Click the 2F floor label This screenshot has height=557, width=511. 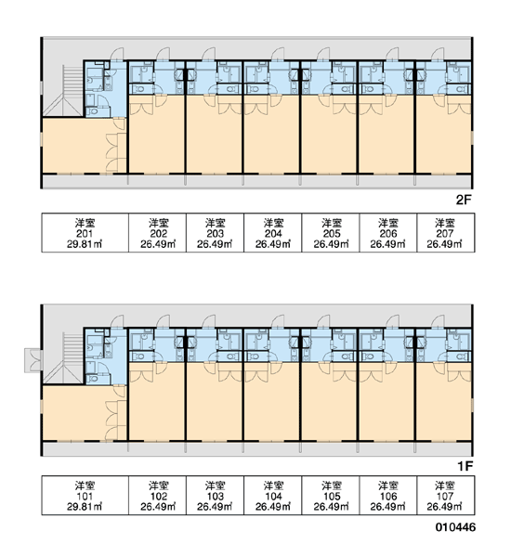(464, 200)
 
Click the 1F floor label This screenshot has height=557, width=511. (465, 466)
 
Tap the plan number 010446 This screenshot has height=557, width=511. (455, 527)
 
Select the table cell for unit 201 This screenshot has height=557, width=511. (85, 233)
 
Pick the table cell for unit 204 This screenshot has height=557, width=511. (273, 233)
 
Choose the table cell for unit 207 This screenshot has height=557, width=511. (446, 233)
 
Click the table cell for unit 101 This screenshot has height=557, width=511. (85, 496)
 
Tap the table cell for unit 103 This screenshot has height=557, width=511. (215, 496)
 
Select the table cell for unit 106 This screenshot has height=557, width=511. (388, 496)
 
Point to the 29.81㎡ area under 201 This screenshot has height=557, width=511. (85, 244)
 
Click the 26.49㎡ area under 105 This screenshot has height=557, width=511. (331, 507)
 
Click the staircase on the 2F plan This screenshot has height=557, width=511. (63, 91)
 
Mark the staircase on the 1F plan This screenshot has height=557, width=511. (63, 358)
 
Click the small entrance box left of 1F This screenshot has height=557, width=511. (33, 360)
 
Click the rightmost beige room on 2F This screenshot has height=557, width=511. (443, 135)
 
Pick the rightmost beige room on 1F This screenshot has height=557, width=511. (443, 402)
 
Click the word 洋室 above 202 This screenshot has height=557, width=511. (158, 223)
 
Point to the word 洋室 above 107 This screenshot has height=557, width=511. (445, 486)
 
